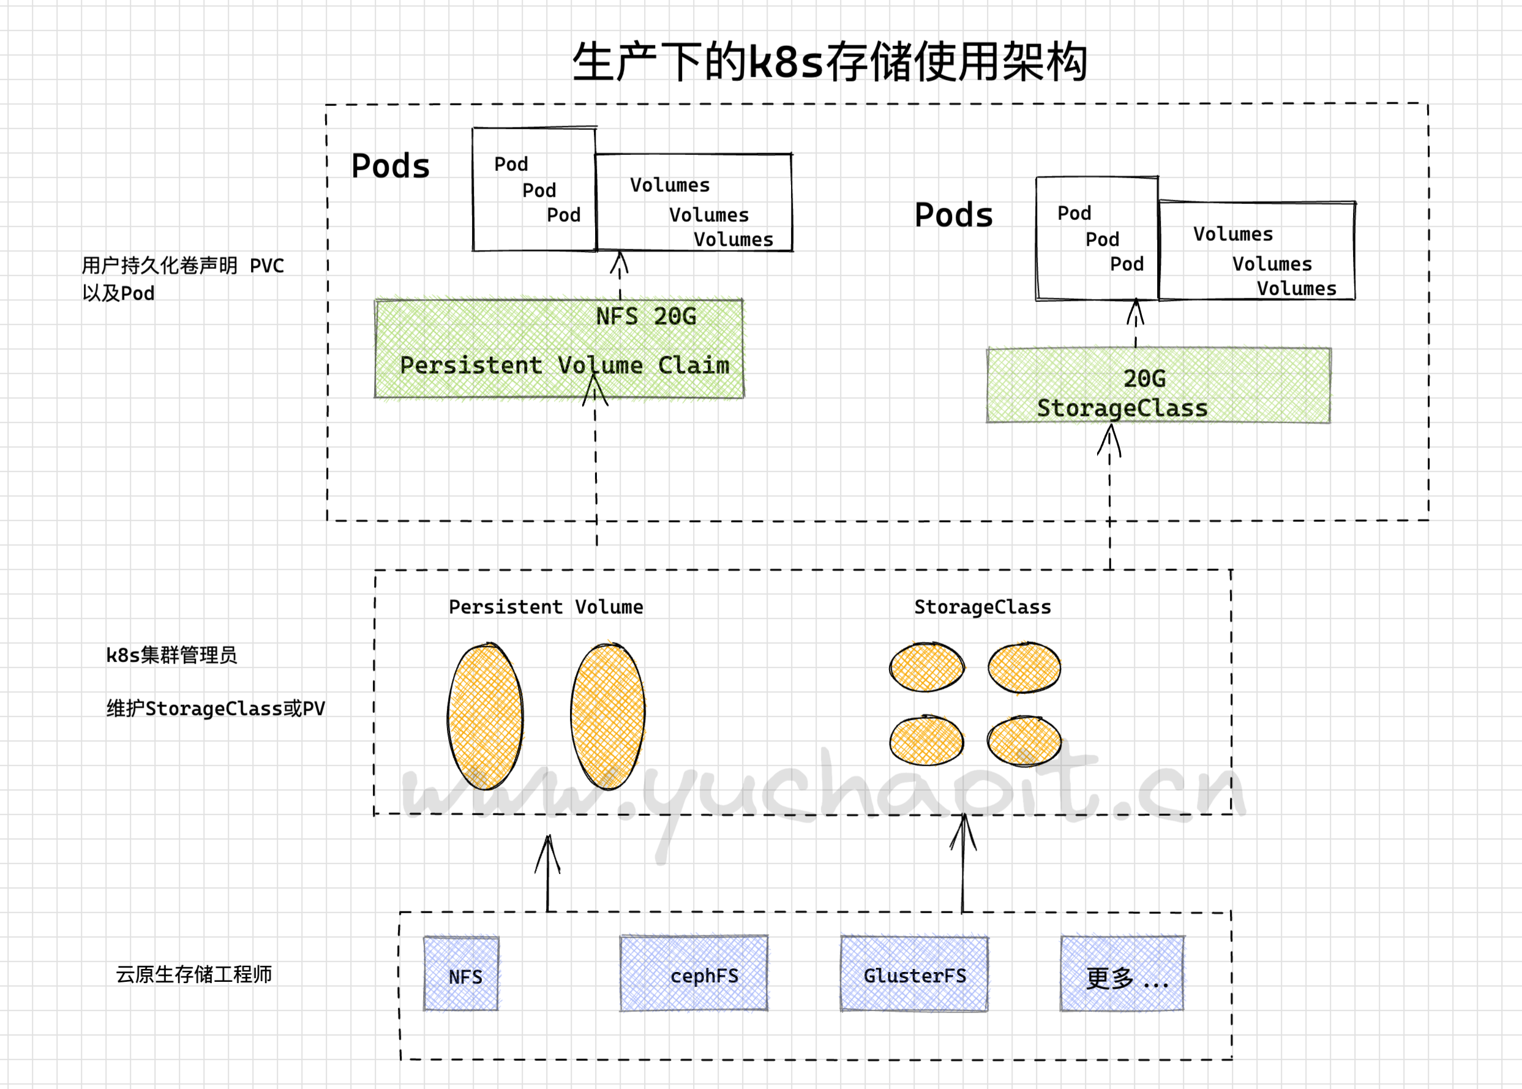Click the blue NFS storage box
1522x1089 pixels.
[x=461, y=973]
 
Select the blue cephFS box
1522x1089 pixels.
[x=694, y=973]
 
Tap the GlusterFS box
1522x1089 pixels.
[x=914, y=974]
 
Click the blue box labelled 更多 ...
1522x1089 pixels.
[x=1122, y=974]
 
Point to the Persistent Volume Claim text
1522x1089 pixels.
[x=564, y=366]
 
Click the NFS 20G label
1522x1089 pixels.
[x=645, y=317]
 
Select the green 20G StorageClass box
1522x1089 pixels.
[x=1158, y=386]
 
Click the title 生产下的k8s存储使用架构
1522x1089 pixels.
[x=829, y=62]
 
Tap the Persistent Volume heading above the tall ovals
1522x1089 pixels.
[x=545, y=607]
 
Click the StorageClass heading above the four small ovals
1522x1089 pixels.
[x=983, y=607]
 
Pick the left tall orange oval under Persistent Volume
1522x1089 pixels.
[x=485, y=716]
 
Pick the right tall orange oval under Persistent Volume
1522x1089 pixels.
[x=608, y=716]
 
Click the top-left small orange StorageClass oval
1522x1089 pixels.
[x=927, y=666]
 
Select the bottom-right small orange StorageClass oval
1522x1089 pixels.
[x=1024, y=741]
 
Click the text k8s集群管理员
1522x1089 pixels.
[x=171, y=655]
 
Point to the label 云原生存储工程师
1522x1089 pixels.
[x=193, y=974]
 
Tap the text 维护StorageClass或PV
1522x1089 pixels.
[x=215, y=709]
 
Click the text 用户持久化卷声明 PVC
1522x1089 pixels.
[x=182, y=266]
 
